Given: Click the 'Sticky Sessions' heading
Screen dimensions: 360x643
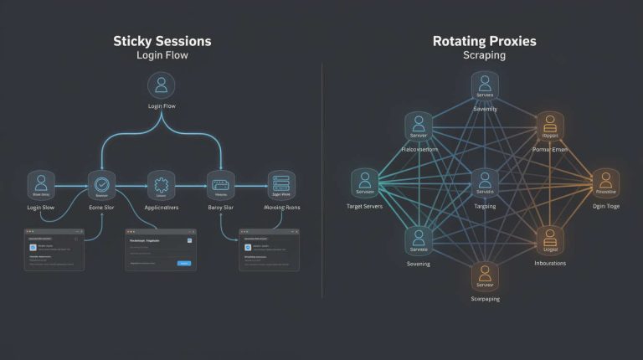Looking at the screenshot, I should (x=162, y=41).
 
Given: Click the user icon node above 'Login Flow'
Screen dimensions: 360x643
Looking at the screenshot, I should (x=162, y=85).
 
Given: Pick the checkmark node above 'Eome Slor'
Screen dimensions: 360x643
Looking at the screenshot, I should (x=101, y=184).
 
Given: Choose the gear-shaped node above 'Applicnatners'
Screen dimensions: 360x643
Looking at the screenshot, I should (x=162, y=184).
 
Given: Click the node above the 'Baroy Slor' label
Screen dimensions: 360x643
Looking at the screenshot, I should (x=221, y=184).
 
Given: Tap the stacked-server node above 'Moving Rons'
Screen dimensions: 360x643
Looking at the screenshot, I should (x=281, y=184).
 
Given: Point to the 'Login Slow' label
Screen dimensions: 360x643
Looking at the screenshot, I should (x=41, y=207).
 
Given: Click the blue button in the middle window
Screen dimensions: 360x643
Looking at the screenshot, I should (x=184, y=263).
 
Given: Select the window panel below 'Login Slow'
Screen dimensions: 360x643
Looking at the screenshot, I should (x=54, y=249).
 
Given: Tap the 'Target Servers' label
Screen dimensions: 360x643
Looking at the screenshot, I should (x=364, y=206).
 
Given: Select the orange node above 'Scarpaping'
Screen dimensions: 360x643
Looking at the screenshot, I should (x=485, y=274).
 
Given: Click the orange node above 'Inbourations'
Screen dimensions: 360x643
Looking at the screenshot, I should (x=550, y=239).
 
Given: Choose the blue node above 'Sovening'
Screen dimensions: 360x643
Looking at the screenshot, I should (x=419, y=240).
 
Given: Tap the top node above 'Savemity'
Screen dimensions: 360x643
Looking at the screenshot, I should (x=485, y=85).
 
